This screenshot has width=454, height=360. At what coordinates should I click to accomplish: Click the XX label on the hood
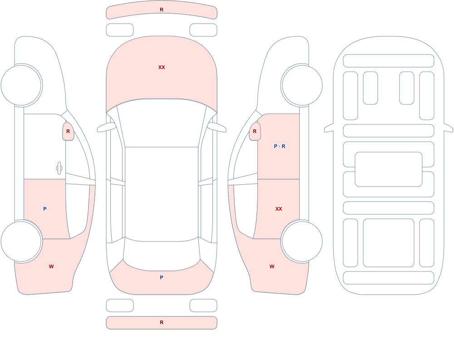tap(162, 67)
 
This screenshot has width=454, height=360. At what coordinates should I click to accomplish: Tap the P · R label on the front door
tap(279, 146)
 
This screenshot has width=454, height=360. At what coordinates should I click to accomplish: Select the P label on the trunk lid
tap(162, 277)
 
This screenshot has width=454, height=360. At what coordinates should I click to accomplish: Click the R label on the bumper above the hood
tap(162, 10)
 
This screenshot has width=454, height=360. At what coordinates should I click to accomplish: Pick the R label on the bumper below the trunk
tap(162, 322)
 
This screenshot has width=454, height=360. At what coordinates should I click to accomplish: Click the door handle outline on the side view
tap(59, 168)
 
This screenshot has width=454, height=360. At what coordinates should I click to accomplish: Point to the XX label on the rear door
tap(279, 209)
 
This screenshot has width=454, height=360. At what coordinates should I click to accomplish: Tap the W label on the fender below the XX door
tap(271, 266)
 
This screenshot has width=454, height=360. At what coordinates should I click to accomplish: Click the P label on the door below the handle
tap(44, 209)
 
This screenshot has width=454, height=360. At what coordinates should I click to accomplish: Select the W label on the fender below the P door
tap(51, 266)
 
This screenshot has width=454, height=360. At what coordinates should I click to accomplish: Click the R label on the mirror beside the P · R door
tap(255, 131)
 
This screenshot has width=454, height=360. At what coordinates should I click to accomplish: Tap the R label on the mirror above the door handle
tap(68, 131)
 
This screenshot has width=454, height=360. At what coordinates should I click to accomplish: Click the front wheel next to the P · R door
tap(302, 85)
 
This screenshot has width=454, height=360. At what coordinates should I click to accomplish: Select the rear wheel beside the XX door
tap(302, 241)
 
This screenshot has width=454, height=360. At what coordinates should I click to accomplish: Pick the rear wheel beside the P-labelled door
tap(21, 241)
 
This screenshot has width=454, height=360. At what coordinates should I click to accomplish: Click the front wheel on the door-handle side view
tap(21, 85)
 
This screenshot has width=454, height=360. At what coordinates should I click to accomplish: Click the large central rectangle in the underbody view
tap(389, 169)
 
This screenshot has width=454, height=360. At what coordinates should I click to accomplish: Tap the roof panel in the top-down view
tap(162, 194)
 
